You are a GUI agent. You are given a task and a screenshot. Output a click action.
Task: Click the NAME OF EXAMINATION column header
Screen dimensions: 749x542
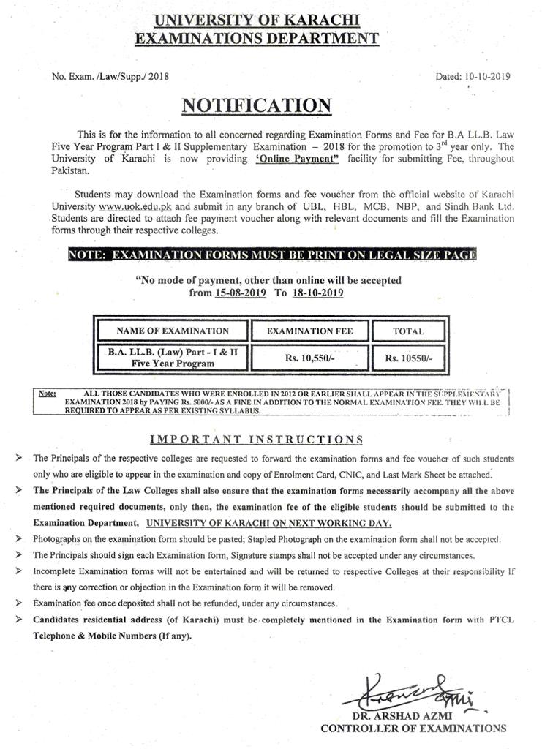click(172, 331)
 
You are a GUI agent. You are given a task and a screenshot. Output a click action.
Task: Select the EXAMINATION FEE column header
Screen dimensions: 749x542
click(309, 331)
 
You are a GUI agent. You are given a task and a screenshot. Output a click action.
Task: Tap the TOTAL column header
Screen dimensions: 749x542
click(408, 331)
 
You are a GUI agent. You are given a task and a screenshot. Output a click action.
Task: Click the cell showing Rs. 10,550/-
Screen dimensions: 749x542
click(309, 358)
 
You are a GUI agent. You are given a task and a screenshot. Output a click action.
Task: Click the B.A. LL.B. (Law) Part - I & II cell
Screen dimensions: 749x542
click(172, 358)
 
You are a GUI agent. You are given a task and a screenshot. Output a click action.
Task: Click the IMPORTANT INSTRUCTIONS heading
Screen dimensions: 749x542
click(256, 440)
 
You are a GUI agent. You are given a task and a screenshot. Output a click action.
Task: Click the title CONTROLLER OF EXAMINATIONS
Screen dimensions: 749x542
click(413, 728)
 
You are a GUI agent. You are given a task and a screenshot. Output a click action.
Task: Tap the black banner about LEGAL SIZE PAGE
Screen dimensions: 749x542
click(271, 255)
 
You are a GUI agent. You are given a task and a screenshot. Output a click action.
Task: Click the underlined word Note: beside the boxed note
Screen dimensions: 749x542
click(48, 394)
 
